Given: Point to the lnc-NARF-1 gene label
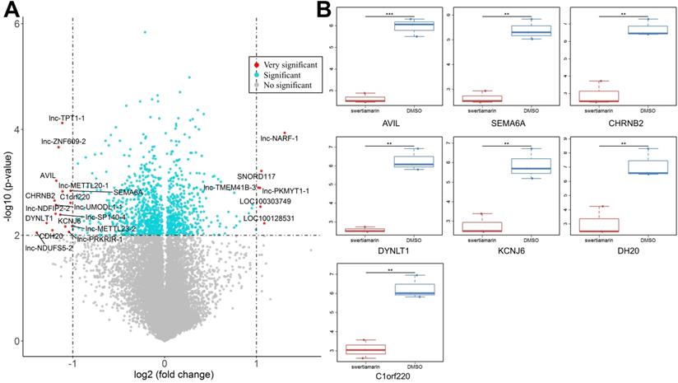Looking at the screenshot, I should [279, 138].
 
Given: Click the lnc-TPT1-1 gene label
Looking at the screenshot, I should [67, 119].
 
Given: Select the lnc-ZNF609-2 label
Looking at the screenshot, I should [63, 142].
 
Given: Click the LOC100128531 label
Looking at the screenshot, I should [267, 218].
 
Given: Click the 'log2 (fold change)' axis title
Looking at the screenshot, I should [165, 375].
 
